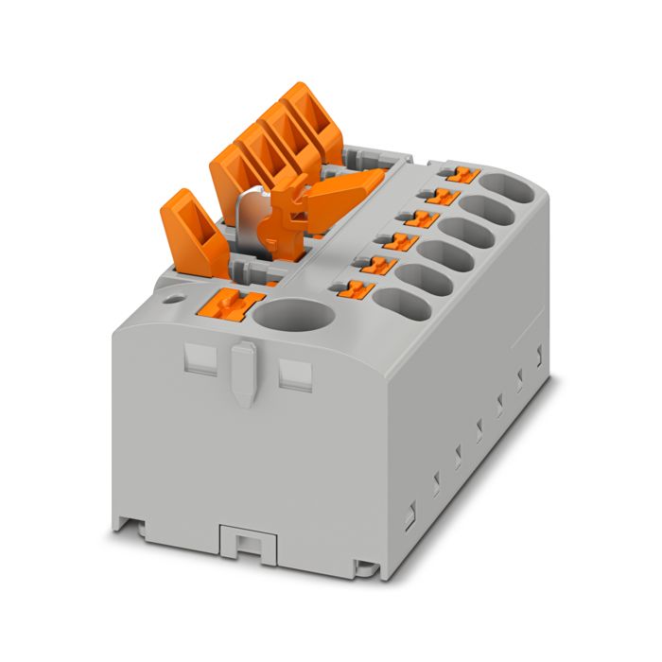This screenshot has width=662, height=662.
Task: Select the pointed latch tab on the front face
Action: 243,372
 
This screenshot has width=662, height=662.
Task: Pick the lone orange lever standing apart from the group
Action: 193,229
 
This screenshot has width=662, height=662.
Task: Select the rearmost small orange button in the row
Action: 461,174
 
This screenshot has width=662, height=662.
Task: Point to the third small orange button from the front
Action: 402,241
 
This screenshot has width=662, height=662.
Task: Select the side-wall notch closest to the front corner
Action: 410,517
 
